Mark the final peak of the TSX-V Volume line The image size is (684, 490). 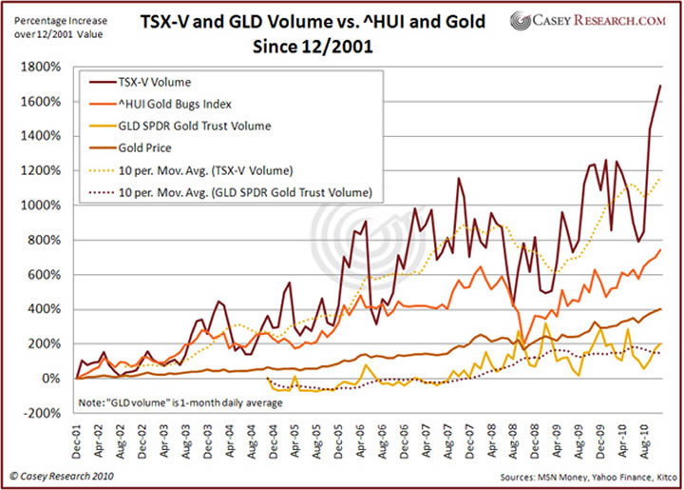[x=660, y=86]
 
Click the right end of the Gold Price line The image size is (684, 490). [x=660, y=309]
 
